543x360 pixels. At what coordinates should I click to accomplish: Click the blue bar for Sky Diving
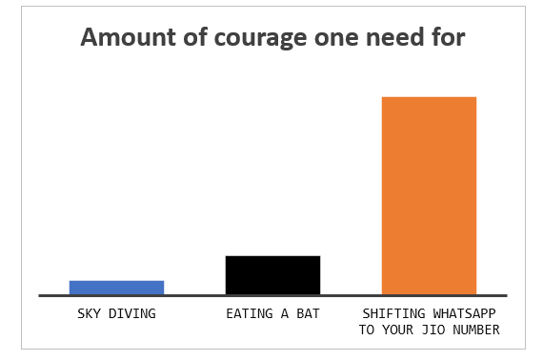(x=116, y=288)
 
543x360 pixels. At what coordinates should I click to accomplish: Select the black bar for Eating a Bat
(x=272, y=275)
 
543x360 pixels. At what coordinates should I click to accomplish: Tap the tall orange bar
(x=429, y=195)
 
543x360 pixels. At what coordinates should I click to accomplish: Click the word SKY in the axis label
(x=89, y=313)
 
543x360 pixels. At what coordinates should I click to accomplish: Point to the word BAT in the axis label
(x=308, y=313)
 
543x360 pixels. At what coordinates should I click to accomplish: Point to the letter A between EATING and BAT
(x=284, y=313)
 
